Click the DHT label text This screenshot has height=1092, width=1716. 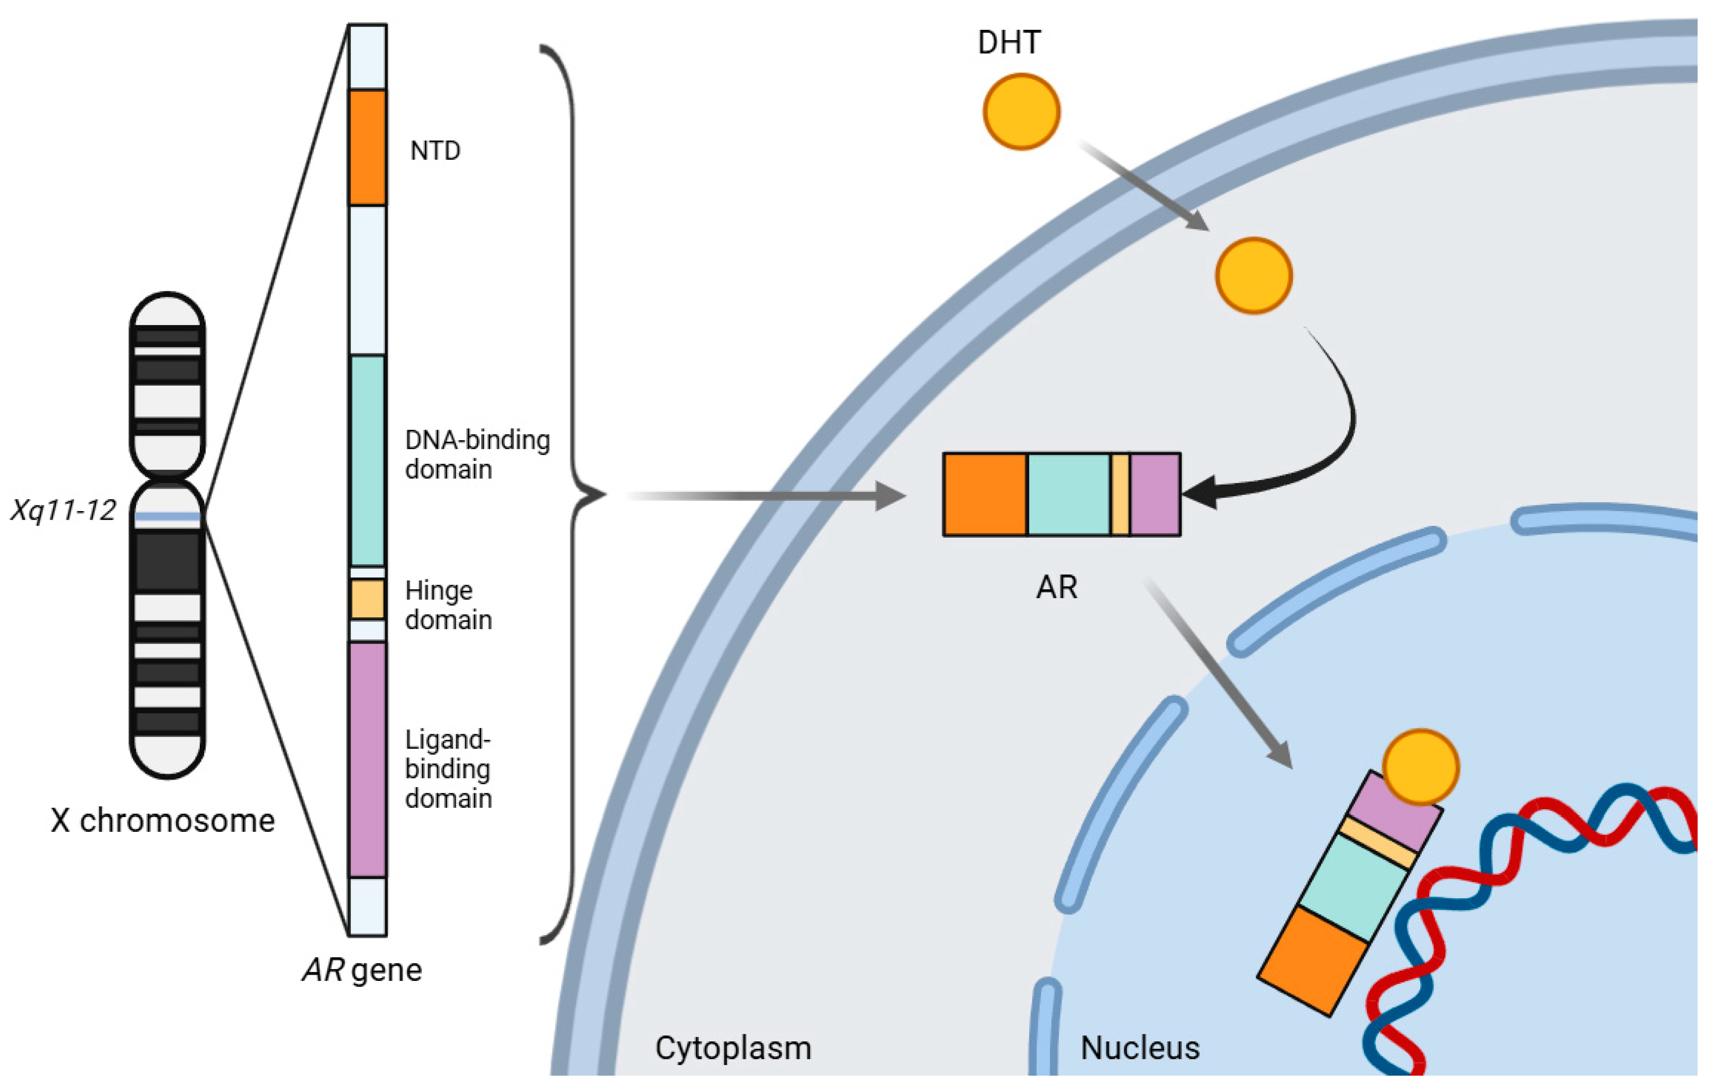(x=1009, y=43)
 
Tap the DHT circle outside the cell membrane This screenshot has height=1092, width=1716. (x=1021, y=112)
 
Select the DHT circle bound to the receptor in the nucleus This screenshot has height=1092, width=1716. (x=1421, y=767)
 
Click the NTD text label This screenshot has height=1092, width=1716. (x=435, y=151)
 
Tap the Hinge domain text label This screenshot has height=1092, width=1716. (x=448, y=605)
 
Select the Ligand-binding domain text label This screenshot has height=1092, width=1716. (x=448, y=769)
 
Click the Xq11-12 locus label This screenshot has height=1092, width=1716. (x=63, y=510)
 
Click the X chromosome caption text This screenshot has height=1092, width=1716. (x=163, y=820)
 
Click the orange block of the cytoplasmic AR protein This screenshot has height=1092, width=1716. (x=985, y=494)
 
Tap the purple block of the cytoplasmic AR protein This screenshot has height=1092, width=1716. (x=1155, y=494)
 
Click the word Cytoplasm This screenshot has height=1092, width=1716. (x=732, y=1048)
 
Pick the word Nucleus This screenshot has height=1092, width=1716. (x=1140, y=1048)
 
